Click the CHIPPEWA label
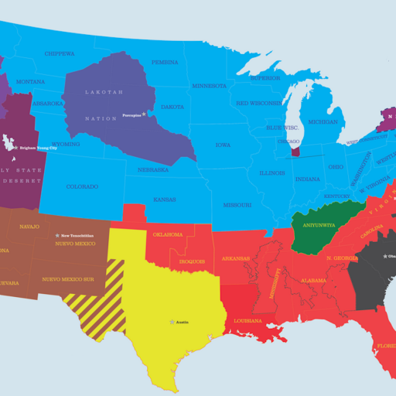pos(59,53)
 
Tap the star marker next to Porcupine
pos(143,114)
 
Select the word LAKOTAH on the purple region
pos(104,92)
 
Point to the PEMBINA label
pos(165,62)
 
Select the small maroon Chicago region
pos(294,148)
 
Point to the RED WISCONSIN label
pos(258,103)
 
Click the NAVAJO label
pos(29,227)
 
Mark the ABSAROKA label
pos(47,103)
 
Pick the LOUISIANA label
pos(248,321)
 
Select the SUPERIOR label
pos(265,78)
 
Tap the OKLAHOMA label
pos(168,234)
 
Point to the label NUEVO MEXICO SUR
pos(69,278)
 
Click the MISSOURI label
pos(237,205)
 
